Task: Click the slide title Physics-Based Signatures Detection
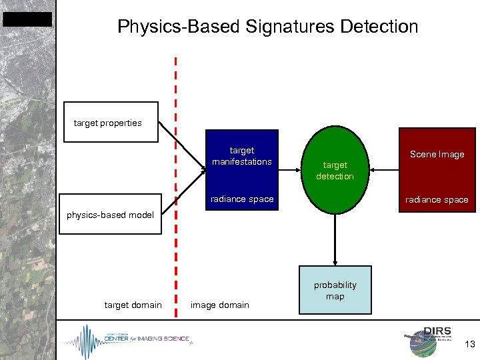[x=267, y=27]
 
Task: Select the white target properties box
[x=111, y=122]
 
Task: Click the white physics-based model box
[x=110, y=214]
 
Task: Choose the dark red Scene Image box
[x=437, y=170]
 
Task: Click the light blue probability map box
[x=335, y=290]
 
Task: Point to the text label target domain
[x=133, y=305]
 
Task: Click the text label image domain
[x=219, y=305]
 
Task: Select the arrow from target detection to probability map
[x=335, y=240]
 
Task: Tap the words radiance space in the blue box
[x=241, y=199]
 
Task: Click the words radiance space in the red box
[x=437, y=200]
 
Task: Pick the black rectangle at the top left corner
[x=27, y=19]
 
